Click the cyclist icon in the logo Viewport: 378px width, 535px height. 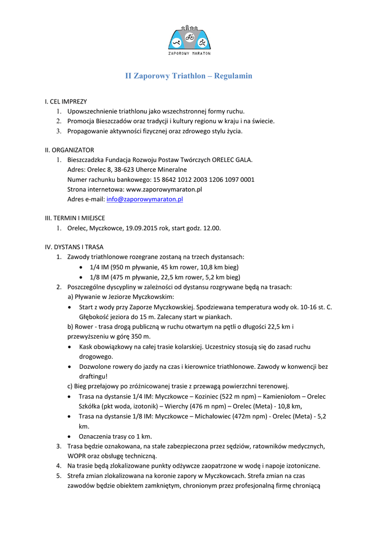click(x=189, y=38)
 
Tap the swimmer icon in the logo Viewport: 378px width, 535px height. click(x=177, y=42)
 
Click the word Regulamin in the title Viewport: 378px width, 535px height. click(x=233, y=76)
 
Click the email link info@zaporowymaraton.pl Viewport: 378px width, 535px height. click(x=144, y=199)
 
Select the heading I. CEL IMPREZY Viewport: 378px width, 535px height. click(x=66, y=101)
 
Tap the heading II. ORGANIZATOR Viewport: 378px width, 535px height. click(x=70, y=150)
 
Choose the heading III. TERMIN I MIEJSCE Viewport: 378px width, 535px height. click(x=75, y=218)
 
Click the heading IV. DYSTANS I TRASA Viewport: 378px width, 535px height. click(x=74, y=247)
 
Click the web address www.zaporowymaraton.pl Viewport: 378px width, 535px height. click(x=164, y=189)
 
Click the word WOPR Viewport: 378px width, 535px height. click(x=77, y=456)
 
